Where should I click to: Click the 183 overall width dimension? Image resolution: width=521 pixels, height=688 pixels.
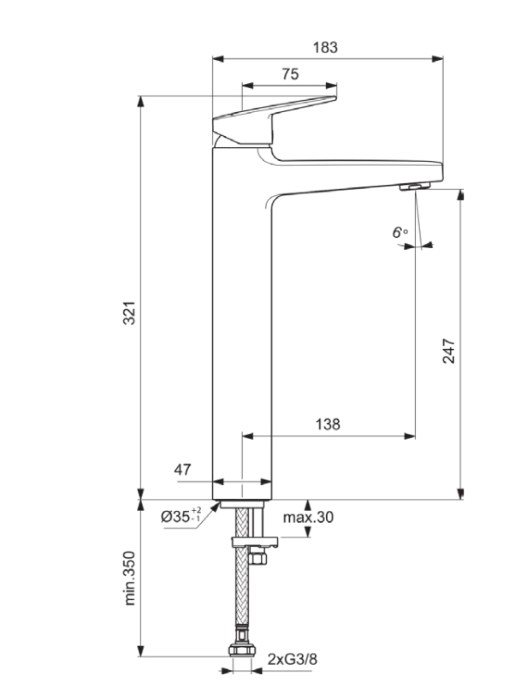coord(325,48)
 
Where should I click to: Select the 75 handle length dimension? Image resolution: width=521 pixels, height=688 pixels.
coord(290,74)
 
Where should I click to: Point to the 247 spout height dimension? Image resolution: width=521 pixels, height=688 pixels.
coord(448,351)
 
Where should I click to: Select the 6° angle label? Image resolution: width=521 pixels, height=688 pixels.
coord(400,232)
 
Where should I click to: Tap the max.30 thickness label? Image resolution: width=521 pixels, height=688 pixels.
coord(309,517)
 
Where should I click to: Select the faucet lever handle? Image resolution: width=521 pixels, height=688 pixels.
coord(274,116)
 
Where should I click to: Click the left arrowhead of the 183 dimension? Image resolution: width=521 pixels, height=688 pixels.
coord(216,59)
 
